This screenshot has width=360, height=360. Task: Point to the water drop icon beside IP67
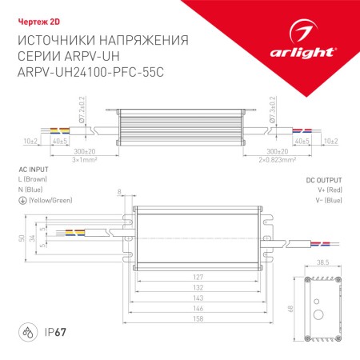pyautogui.click(x=26, y=330)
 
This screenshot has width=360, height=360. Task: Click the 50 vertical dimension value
pyautogui.click(x=22, y=239)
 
